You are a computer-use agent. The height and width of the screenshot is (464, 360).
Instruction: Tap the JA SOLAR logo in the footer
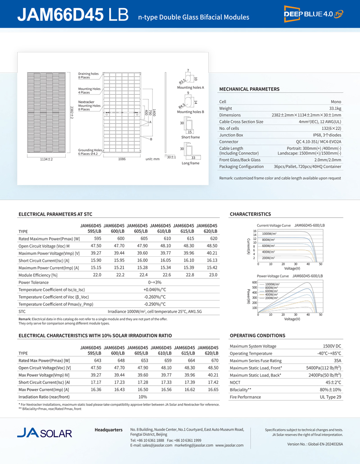click(x=45, y=433)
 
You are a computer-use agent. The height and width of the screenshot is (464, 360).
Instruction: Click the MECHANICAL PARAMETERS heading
click(x=249, y=89)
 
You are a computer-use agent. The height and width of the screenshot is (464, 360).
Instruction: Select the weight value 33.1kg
click(x=335, y=109)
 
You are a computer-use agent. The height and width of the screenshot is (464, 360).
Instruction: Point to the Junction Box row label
click(x=231, y=135)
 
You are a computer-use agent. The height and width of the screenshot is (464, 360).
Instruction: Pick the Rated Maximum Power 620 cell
click(x=213, y=238)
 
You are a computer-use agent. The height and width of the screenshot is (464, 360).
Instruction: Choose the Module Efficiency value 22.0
click(x=97, y=275)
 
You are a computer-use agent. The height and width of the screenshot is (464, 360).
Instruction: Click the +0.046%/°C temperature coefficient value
click(x=155, y=289)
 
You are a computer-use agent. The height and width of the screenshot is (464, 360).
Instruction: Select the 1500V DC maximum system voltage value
click(x=332, y=346)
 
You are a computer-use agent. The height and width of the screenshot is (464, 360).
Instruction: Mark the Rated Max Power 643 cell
click(x=96, y=360)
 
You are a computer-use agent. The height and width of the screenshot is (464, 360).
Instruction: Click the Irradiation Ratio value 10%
click(x=143, y=396)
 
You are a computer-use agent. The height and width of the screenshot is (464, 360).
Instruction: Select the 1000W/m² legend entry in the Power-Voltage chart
click(x=272, y=284)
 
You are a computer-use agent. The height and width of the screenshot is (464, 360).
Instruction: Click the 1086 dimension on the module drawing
click(x=121, y=159)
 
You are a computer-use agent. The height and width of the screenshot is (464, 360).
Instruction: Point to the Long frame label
click(x=190, y=163)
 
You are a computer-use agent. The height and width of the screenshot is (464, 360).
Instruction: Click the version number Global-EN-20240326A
click(x=315, y=444)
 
